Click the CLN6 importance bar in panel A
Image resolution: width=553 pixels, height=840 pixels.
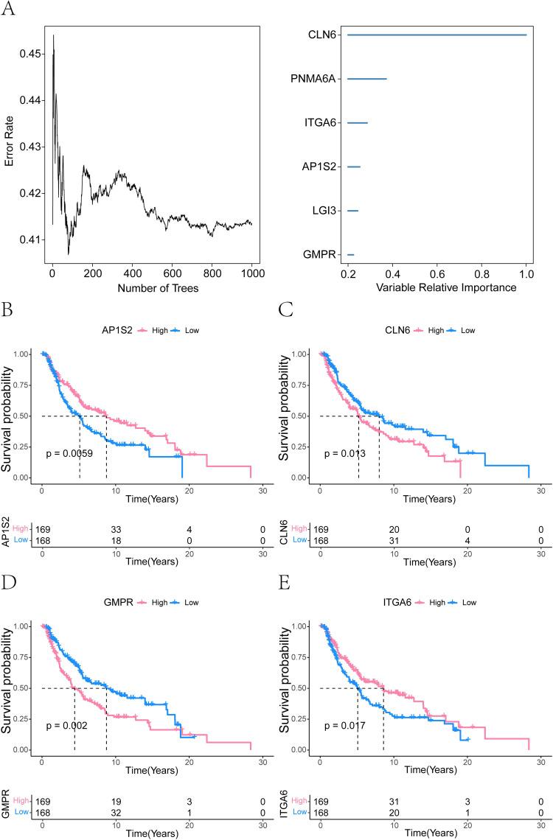coord(437,35)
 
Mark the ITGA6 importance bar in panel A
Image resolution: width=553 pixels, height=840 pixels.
coord(357,123)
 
